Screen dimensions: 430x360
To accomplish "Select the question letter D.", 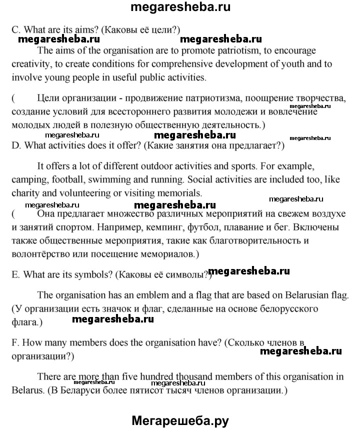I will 14,146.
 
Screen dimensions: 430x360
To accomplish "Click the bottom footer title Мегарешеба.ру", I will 180,419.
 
